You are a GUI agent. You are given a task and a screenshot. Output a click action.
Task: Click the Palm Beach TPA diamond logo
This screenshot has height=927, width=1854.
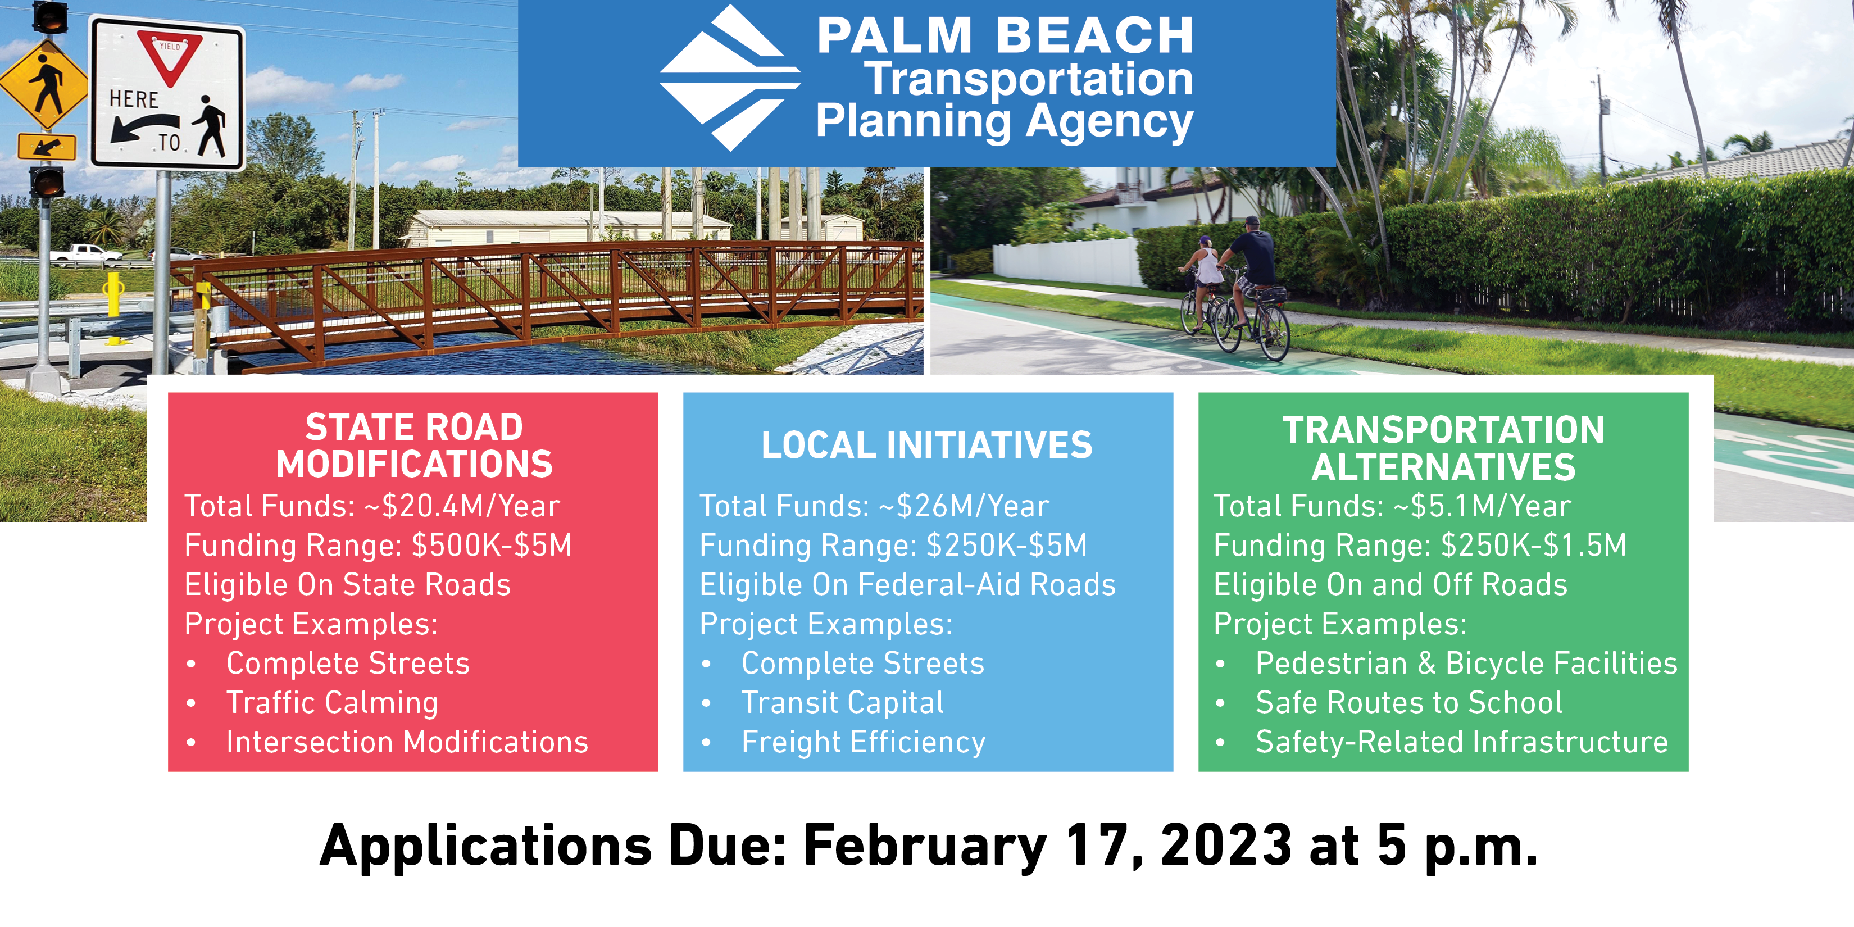click(x=730, y=78)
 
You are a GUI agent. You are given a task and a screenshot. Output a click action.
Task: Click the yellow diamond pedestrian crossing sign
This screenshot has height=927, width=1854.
click(x=44, y=85)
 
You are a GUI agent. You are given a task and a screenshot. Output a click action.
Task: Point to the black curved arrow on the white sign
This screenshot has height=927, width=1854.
click(x=144, y=128)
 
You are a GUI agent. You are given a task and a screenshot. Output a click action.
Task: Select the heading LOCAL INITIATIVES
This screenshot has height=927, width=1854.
click(x=927, y=445)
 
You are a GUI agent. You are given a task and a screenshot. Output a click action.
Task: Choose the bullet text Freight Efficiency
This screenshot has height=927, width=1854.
click(x=864, y=743)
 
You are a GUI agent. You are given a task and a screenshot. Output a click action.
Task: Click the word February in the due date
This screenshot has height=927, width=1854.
click(x=925, y=848)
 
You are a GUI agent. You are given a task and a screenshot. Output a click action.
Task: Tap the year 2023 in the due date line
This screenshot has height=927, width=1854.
click(x=1226, y=845)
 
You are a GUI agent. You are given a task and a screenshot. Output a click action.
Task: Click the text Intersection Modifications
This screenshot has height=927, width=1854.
click(x=407, y=742)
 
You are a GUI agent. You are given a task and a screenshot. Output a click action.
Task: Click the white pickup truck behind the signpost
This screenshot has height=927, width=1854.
click(x=85, y=253)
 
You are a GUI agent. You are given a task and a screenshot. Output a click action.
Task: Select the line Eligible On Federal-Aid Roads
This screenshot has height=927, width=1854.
click(x=907, y=585)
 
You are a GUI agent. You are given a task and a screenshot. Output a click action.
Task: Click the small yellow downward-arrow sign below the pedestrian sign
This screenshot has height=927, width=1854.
click(x=47, y=147)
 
